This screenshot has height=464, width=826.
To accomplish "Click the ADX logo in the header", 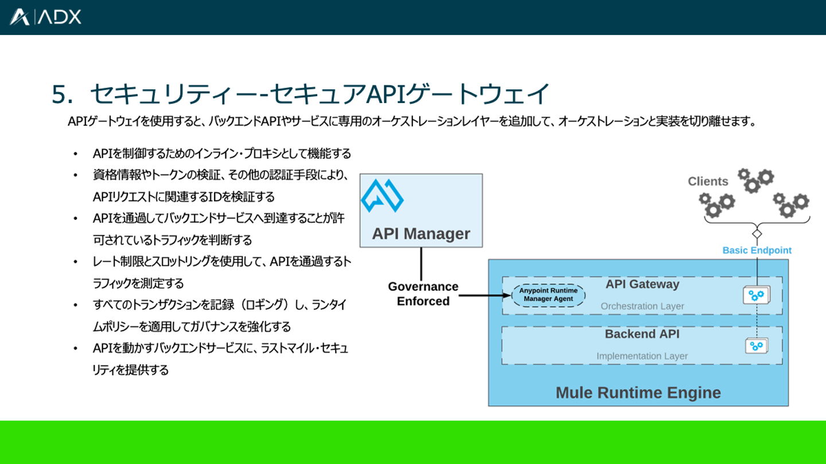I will (45, 17).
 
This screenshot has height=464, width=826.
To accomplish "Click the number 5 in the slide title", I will (59, 95).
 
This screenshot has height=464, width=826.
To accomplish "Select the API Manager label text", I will (421, 234).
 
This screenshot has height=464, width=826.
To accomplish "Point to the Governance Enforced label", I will (423, 294).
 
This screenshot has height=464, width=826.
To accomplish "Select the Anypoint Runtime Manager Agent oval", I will (548, 295).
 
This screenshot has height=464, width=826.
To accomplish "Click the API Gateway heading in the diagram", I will (642, 284).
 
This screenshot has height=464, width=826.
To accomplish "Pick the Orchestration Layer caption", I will (642, 306).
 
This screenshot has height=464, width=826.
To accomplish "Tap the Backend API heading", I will (642, 334).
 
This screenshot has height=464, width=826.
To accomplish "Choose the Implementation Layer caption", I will (642, 356).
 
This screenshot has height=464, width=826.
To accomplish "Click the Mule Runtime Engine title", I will (638, 393).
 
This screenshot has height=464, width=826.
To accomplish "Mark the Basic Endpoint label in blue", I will (757, 250).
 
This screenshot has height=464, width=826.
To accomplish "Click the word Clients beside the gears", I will (708, 182).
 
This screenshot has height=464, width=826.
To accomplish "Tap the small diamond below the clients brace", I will (757, 234).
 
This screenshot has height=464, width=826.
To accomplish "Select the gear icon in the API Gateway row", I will (757, 295).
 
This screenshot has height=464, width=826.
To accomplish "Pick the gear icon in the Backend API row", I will (757, 345).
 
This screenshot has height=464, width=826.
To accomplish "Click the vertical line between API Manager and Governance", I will (422, 264).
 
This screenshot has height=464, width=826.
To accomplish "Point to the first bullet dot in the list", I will (75, 154).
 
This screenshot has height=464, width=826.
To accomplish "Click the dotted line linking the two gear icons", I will (757, 321).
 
